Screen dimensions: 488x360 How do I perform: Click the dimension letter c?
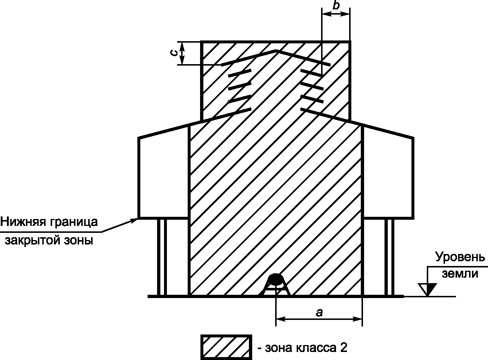coord(175,53)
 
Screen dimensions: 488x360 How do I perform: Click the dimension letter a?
coord(319,312)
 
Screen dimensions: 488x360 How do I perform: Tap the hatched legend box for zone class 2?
coord(226,347)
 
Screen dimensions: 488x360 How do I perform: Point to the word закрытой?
coord(31,240)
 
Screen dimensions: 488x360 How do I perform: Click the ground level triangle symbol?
coord(427,289)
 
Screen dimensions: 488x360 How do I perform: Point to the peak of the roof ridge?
coord(277,51)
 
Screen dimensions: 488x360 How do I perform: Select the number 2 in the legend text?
coord(343,348)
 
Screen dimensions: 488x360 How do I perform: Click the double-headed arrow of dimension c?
coord(183,53)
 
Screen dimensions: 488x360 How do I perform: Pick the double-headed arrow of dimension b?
coord(336,13)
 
